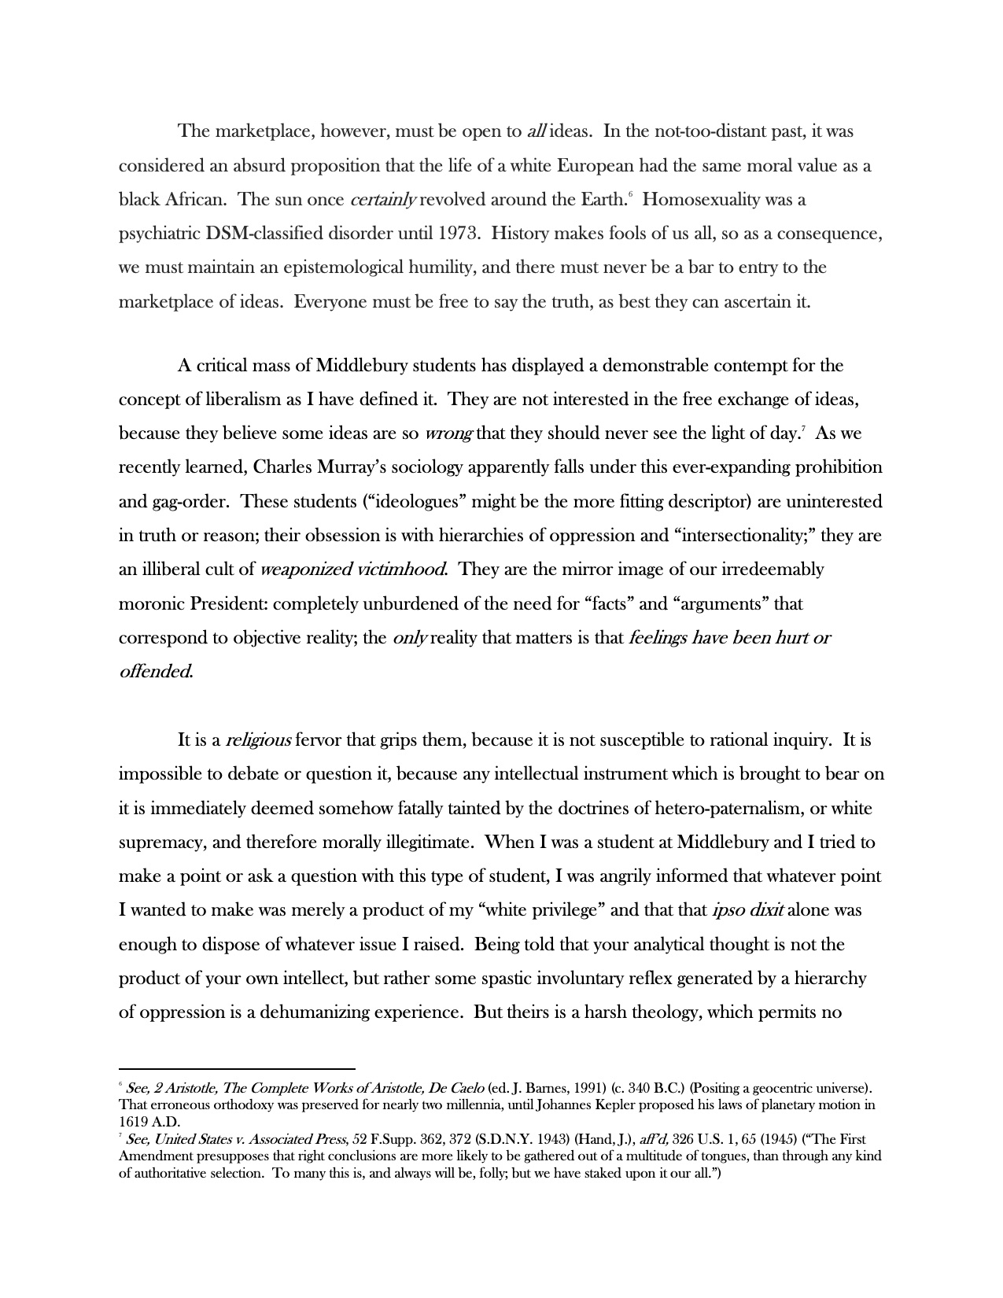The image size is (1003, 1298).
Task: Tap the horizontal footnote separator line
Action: tap(237, 1069)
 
